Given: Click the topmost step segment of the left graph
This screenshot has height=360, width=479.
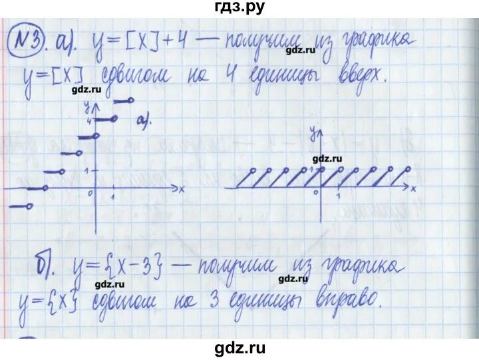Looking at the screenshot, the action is (x=124, y=101).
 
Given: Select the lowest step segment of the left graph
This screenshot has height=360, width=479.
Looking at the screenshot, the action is (x=19, y=207).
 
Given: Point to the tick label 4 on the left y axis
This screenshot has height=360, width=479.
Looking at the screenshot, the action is (x=86, y=120).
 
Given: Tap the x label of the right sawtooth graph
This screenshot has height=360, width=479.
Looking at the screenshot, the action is (x=413, y=190).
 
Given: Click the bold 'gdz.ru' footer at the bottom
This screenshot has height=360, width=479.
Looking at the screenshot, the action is (x=239, y=349).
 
